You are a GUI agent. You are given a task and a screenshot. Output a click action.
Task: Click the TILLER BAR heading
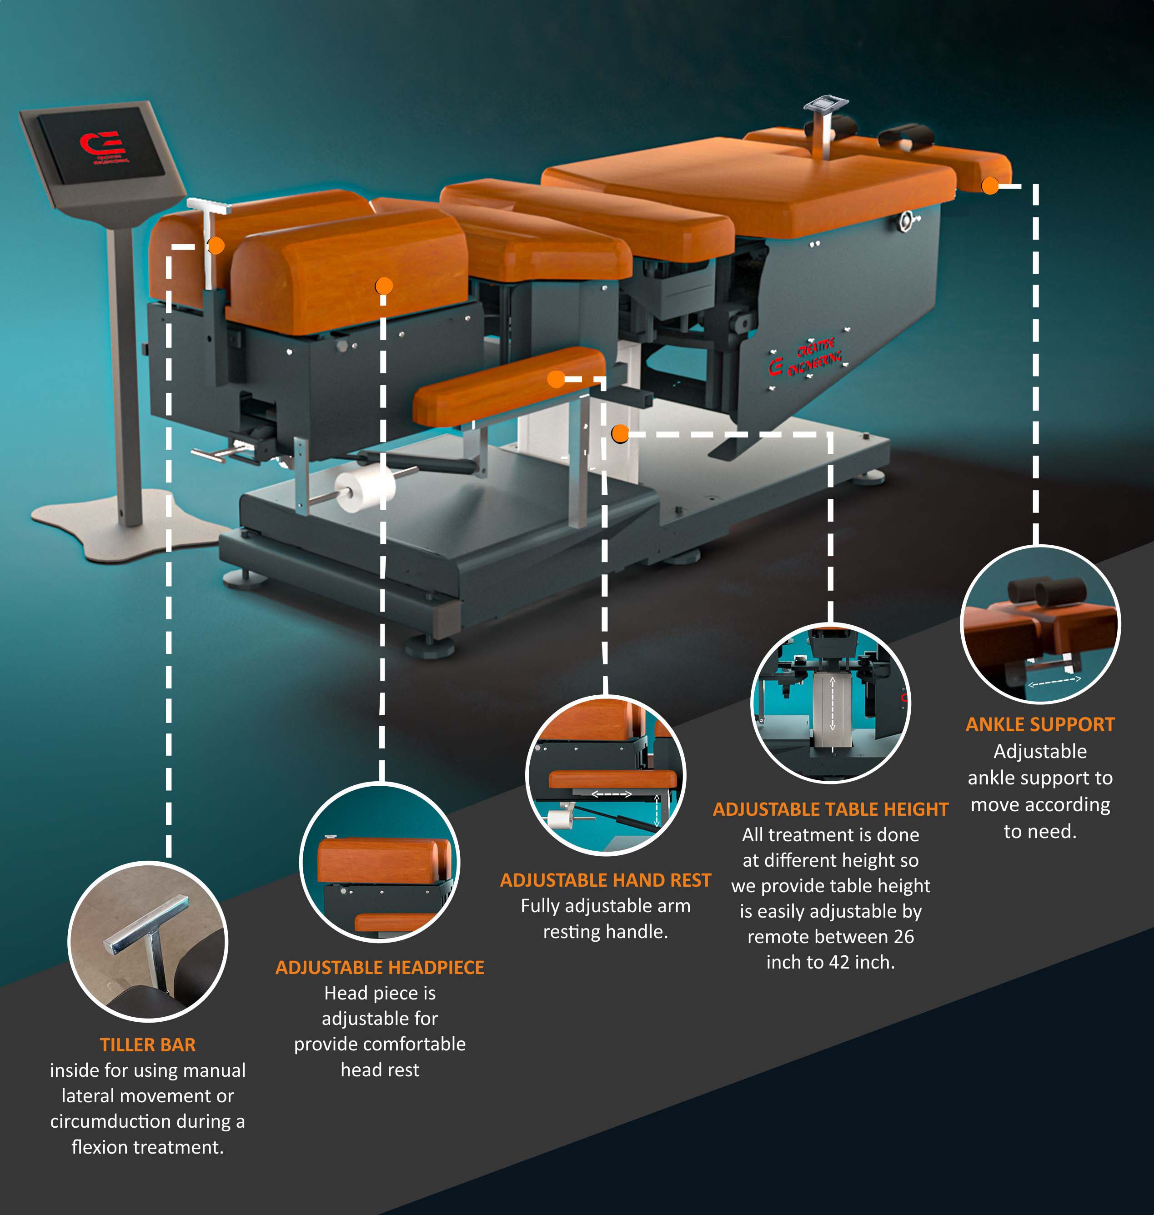click(x=148, y=1044)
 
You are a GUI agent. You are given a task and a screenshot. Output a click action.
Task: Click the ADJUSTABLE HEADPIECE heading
click(x=380, y=967)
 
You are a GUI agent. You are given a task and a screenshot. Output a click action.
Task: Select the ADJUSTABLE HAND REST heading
click(x=605, y=880)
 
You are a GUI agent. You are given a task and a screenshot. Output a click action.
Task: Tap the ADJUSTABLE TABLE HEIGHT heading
click(x=830, y=809)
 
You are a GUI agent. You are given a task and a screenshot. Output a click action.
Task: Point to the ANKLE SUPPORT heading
click(x=1039, y=724)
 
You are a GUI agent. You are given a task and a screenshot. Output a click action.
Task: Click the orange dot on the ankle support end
click(x=990, y=185)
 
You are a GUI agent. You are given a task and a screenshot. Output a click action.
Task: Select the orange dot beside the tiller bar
click(x=216, y=246)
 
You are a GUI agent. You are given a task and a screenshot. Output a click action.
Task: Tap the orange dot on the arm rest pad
click(x=556, y=379)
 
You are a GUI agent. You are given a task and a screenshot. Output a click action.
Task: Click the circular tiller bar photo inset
click(x=148, y=941)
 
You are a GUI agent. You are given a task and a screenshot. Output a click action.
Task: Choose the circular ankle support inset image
click(x=1040, y=624)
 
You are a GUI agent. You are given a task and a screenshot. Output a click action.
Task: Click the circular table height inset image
click(x=830, y=703)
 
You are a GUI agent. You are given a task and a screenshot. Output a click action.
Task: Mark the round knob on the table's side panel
click(x=907, y=220)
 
